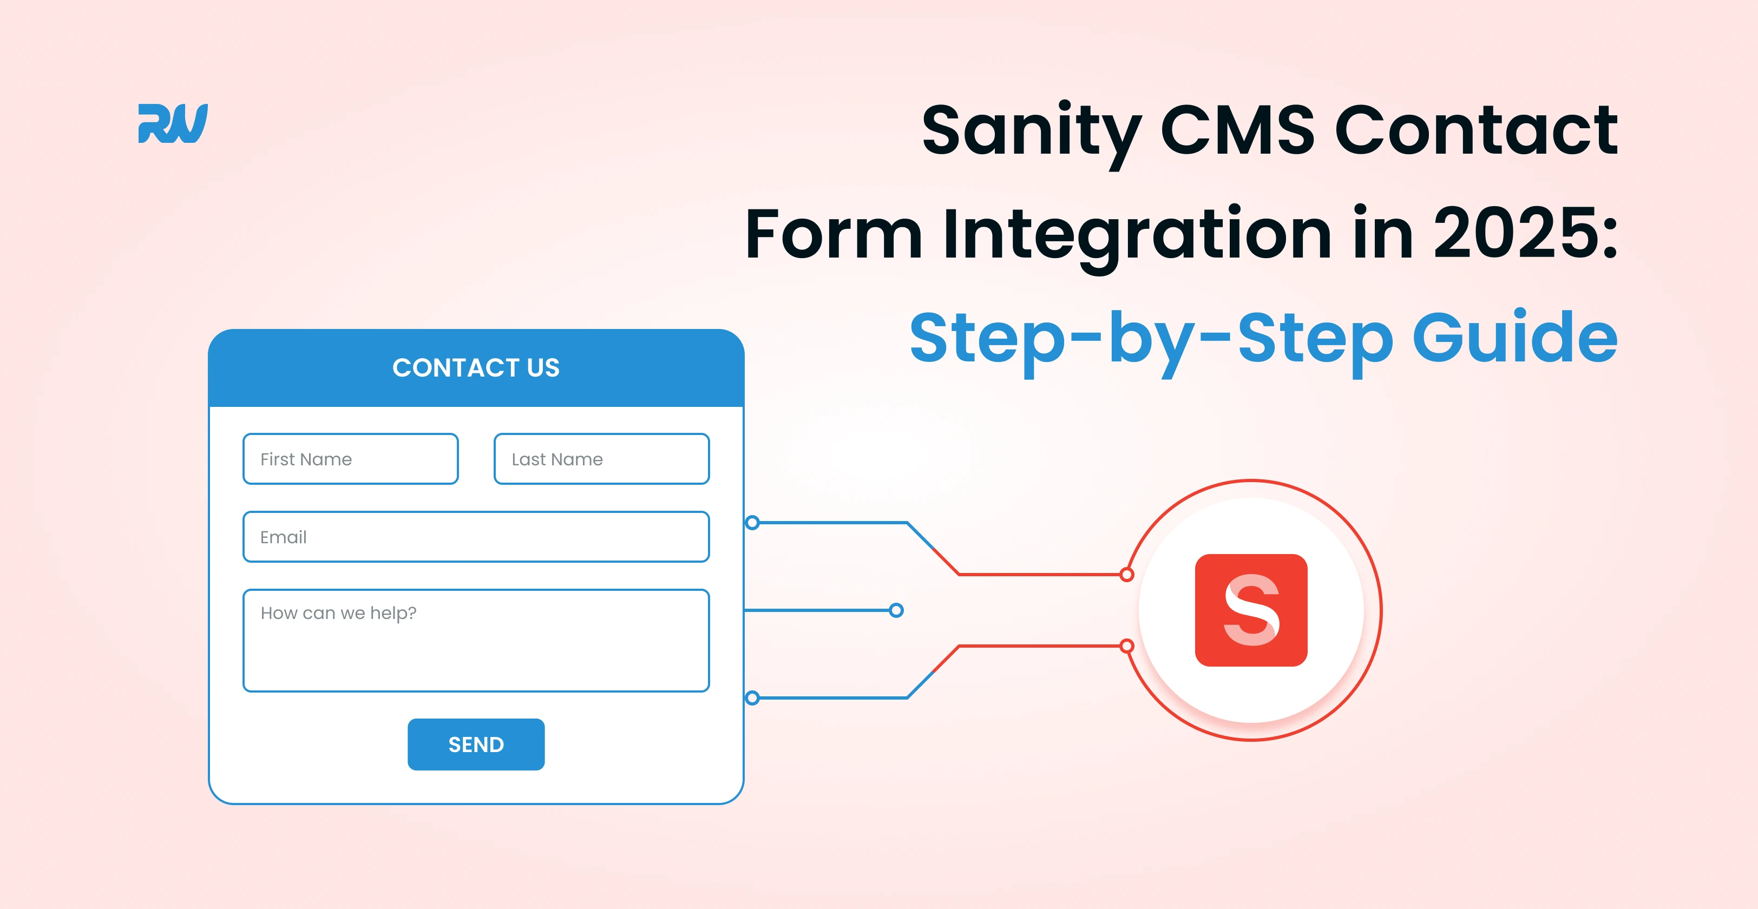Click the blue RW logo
pos(173,123)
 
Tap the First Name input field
pos(351,459)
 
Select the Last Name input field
pos(602,459)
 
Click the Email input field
pos(476,536)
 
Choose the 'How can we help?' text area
pos(476,641)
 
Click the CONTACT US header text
pos(476,368)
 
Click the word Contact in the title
pos(1476,130)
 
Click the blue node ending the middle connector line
pos(897,610)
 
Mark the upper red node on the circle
pos(1127,575)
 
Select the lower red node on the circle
pos(1127,645)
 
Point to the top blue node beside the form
pos(752,523)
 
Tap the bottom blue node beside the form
pos(752,697)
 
